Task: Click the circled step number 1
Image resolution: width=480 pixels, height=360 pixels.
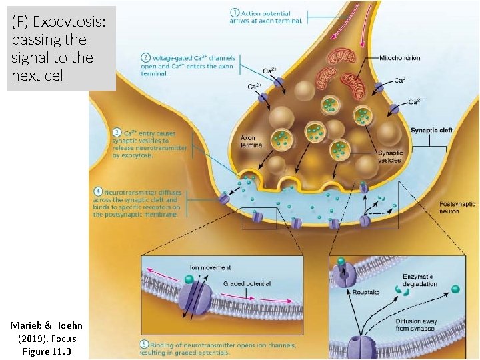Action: tap(235, 13)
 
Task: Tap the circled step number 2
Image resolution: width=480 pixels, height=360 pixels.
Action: tap(145, 58)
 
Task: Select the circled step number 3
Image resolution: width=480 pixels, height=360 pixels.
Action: tap(117, 132)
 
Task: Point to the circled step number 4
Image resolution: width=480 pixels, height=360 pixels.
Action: tap(98, 192)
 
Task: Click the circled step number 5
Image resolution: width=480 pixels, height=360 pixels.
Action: tap(145, 344)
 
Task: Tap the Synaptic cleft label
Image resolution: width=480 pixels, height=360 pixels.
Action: tap(431, 130)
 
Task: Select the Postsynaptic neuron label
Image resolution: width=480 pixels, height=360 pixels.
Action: tap(458, 207)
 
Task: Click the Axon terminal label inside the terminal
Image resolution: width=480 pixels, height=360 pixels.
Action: tap(252, 142)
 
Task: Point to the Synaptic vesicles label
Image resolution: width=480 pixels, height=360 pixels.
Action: tap(390, 157)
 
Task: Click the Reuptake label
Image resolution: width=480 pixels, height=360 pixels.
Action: tap(366, 293)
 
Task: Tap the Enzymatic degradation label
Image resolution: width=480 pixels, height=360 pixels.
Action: tap(418, 280)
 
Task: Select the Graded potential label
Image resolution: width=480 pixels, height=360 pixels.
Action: tap(247, 283)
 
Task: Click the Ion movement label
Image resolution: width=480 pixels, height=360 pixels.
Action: tap(211, 267)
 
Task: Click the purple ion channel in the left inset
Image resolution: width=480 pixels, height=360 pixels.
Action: tap(197, 298)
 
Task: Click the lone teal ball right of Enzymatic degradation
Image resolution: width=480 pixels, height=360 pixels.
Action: tap(455, 289)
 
